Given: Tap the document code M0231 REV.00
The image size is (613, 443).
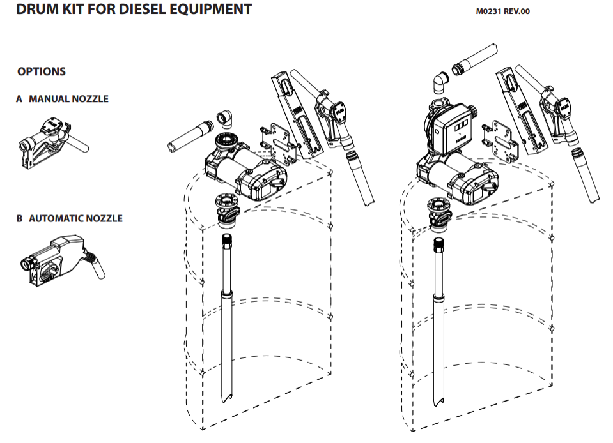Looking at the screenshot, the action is [503, 11].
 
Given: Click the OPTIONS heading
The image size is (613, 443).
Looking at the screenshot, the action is [42, 71].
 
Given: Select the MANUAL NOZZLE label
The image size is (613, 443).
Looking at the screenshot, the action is [68, 99].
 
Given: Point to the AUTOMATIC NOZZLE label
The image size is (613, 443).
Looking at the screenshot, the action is [75, 218].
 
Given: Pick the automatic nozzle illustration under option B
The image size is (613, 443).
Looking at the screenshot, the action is [63, 258].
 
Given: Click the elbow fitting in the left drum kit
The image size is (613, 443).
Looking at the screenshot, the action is [224, 119].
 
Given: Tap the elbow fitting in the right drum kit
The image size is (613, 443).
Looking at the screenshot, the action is [441, 83].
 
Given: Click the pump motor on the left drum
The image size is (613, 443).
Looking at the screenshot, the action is [246, 172].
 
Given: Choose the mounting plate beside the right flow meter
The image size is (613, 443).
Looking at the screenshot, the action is [500, 140].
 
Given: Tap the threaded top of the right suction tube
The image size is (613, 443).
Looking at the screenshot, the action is [438, 244].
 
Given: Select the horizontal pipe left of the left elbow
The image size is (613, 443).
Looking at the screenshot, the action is [190, 136].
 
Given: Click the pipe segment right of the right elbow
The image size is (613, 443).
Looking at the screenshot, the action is [474, 59].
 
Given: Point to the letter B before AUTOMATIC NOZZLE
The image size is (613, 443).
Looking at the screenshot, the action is [20, 218].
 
